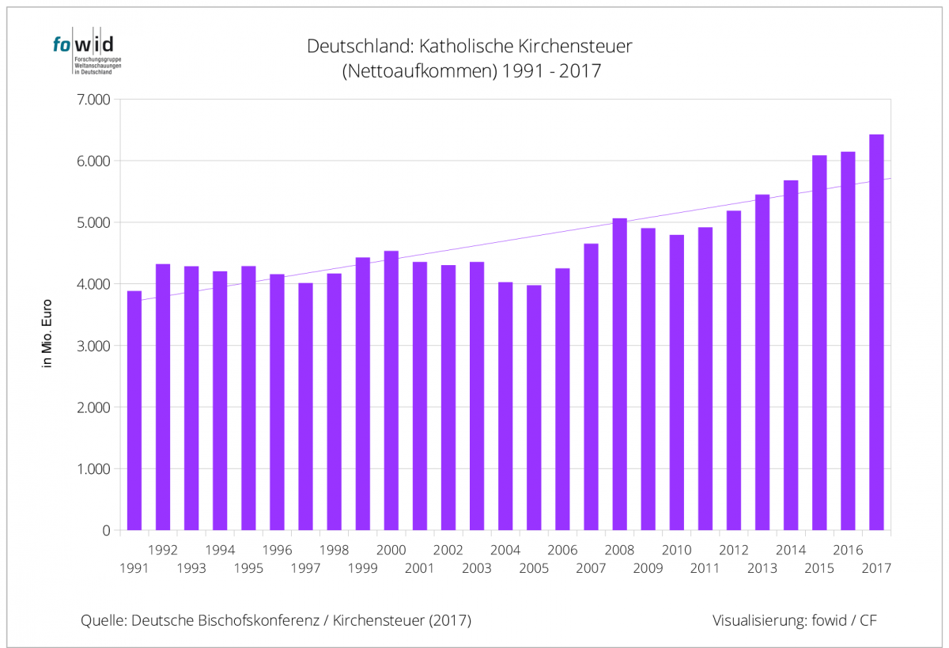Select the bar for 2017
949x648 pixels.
[876, 332]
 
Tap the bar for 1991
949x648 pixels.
[134, 411]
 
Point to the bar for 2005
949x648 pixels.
[534, 407]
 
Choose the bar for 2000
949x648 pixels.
[391, 391]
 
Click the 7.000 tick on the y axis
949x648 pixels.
[94, 100]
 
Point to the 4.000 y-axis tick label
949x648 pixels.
[94, 284]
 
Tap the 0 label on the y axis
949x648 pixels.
[105, 531]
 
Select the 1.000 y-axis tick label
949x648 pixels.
[94, 469]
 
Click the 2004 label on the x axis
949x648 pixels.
[505, 550]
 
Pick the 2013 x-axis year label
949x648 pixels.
[762, 568]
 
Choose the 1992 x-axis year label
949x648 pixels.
[162, 550]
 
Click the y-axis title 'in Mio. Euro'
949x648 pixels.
[47, 333]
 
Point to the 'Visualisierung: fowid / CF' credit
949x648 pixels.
[794, 620]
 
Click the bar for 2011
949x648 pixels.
[705, 379]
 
